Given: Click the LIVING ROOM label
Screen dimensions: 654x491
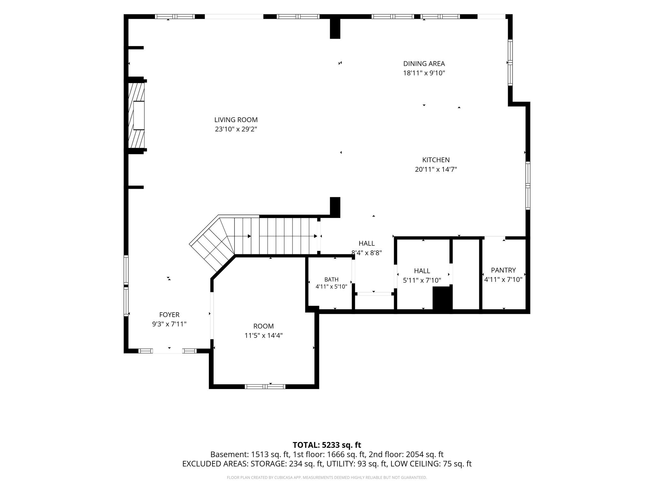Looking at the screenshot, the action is click(x=236, y=120).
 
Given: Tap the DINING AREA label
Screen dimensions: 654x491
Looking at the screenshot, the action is click(x=424, y=64).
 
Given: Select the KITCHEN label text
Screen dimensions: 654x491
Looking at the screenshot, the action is click(x=436, y=160).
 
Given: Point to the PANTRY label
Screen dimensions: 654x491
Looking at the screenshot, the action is click(x=503, y=270).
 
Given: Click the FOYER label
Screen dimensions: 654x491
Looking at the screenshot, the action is click(x=169, y=315).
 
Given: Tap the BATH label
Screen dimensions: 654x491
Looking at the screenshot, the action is click(x=331, y=280).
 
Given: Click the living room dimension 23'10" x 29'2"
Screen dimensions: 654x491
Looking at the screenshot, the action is click(x=236, y=129).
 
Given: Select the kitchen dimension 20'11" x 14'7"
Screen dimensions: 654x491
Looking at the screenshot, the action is click(x=436, y=169).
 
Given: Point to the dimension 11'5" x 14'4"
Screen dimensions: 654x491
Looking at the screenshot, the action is click(x=263, y=336).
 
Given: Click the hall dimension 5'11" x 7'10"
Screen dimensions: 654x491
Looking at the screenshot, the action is click(x=422, y=280).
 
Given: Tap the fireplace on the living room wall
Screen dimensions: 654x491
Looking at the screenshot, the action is click(x=137, y=115).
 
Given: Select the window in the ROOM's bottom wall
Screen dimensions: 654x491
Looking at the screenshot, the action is click(x=265, y=386).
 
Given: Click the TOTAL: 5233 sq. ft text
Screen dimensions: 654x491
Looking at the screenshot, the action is click(x=327, y=445).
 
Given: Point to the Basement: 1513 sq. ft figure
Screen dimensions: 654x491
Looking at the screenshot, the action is click(x=250, y=455).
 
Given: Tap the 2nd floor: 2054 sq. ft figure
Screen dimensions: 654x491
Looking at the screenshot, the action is click(x=406, y=455).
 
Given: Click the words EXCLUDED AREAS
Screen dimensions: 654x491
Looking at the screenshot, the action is click(x=215, y=464).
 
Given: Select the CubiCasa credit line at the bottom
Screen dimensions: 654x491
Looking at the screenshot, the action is click(x=327, y=478).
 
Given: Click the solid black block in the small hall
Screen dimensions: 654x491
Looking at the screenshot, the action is click(x=442, y=298).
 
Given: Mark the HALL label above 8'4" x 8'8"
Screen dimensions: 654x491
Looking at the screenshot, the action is click(x=367, y=244).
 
